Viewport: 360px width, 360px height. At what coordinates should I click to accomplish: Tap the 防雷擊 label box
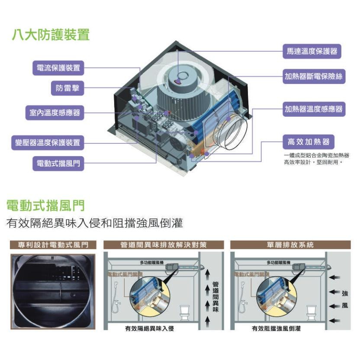[67, 89]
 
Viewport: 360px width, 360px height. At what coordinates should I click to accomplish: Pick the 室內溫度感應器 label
[52, 113]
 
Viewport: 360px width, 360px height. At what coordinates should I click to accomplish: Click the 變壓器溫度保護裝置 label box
[48, 142]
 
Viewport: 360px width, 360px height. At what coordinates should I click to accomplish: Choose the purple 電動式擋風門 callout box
[58, 163]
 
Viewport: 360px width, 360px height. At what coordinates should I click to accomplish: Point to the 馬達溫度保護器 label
[312, 51]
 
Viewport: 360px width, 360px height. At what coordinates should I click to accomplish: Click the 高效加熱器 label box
[309, 141]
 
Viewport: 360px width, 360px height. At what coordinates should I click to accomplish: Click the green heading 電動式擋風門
[45, 204]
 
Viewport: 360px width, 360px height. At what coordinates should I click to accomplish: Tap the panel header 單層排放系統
[290, 245]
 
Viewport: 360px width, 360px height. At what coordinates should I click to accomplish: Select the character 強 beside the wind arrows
[344, 293]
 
